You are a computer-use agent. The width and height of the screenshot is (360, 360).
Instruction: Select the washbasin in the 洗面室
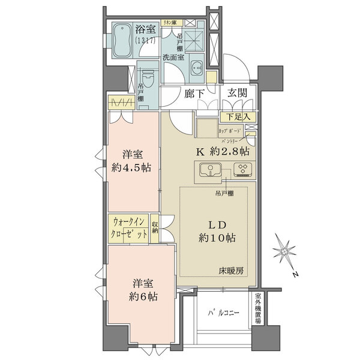[196, 68]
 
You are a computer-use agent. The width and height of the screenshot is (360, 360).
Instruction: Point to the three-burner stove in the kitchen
[244, 170]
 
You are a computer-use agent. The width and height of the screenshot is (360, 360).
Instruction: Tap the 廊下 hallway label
[194, 94]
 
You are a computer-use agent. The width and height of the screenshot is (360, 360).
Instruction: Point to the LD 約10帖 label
[217, 232]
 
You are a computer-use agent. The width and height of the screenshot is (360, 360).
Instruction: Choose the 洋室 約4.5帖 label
[133, 160]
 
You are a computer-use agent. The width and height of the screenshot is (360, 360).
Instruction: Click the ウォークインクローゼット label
[128, 229]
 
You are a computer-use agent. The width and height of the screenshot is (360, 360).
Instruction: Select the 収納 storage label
[155, 228]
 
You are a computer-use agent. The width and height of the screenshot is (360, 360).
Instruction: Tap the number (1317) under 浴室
[145, 40]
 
